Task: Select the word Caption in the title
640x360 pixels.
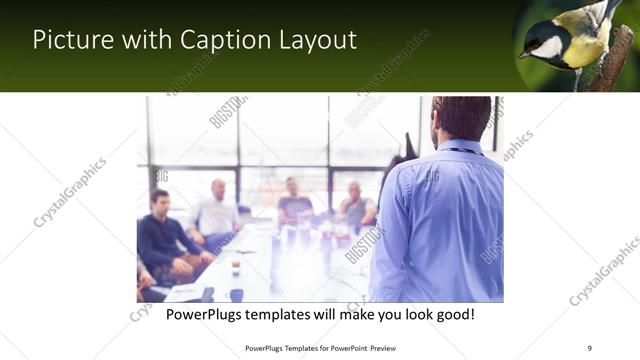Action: (x=217, y=41)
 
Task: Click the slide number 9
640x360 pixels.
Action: (x=589, y=347)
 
